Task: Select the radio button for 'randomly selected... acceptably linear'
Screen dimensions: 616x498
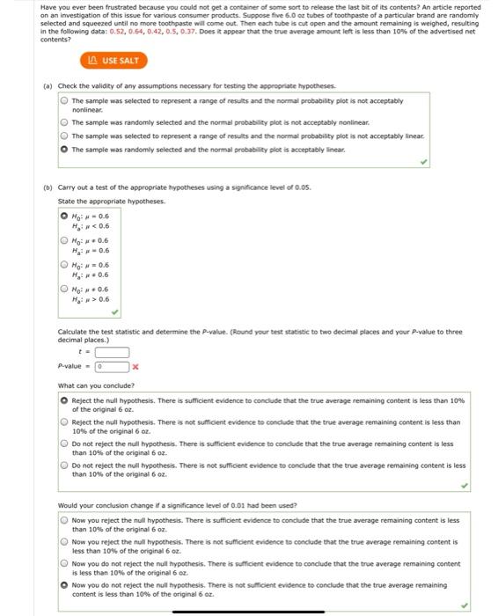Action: pyautogui.click(x=63, y=150)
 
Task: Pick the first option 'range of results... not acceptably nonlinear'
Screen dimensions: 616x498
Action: pyautogui.click(x=63, y=100)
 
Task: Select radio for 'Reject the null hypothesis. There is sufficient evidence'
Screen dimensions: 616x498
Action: pyautogui.click(x=63, y=400)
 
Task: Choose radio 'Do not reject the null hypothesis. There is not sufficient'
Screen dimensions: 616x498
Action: pyautogui.click(x=63, y=465)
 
